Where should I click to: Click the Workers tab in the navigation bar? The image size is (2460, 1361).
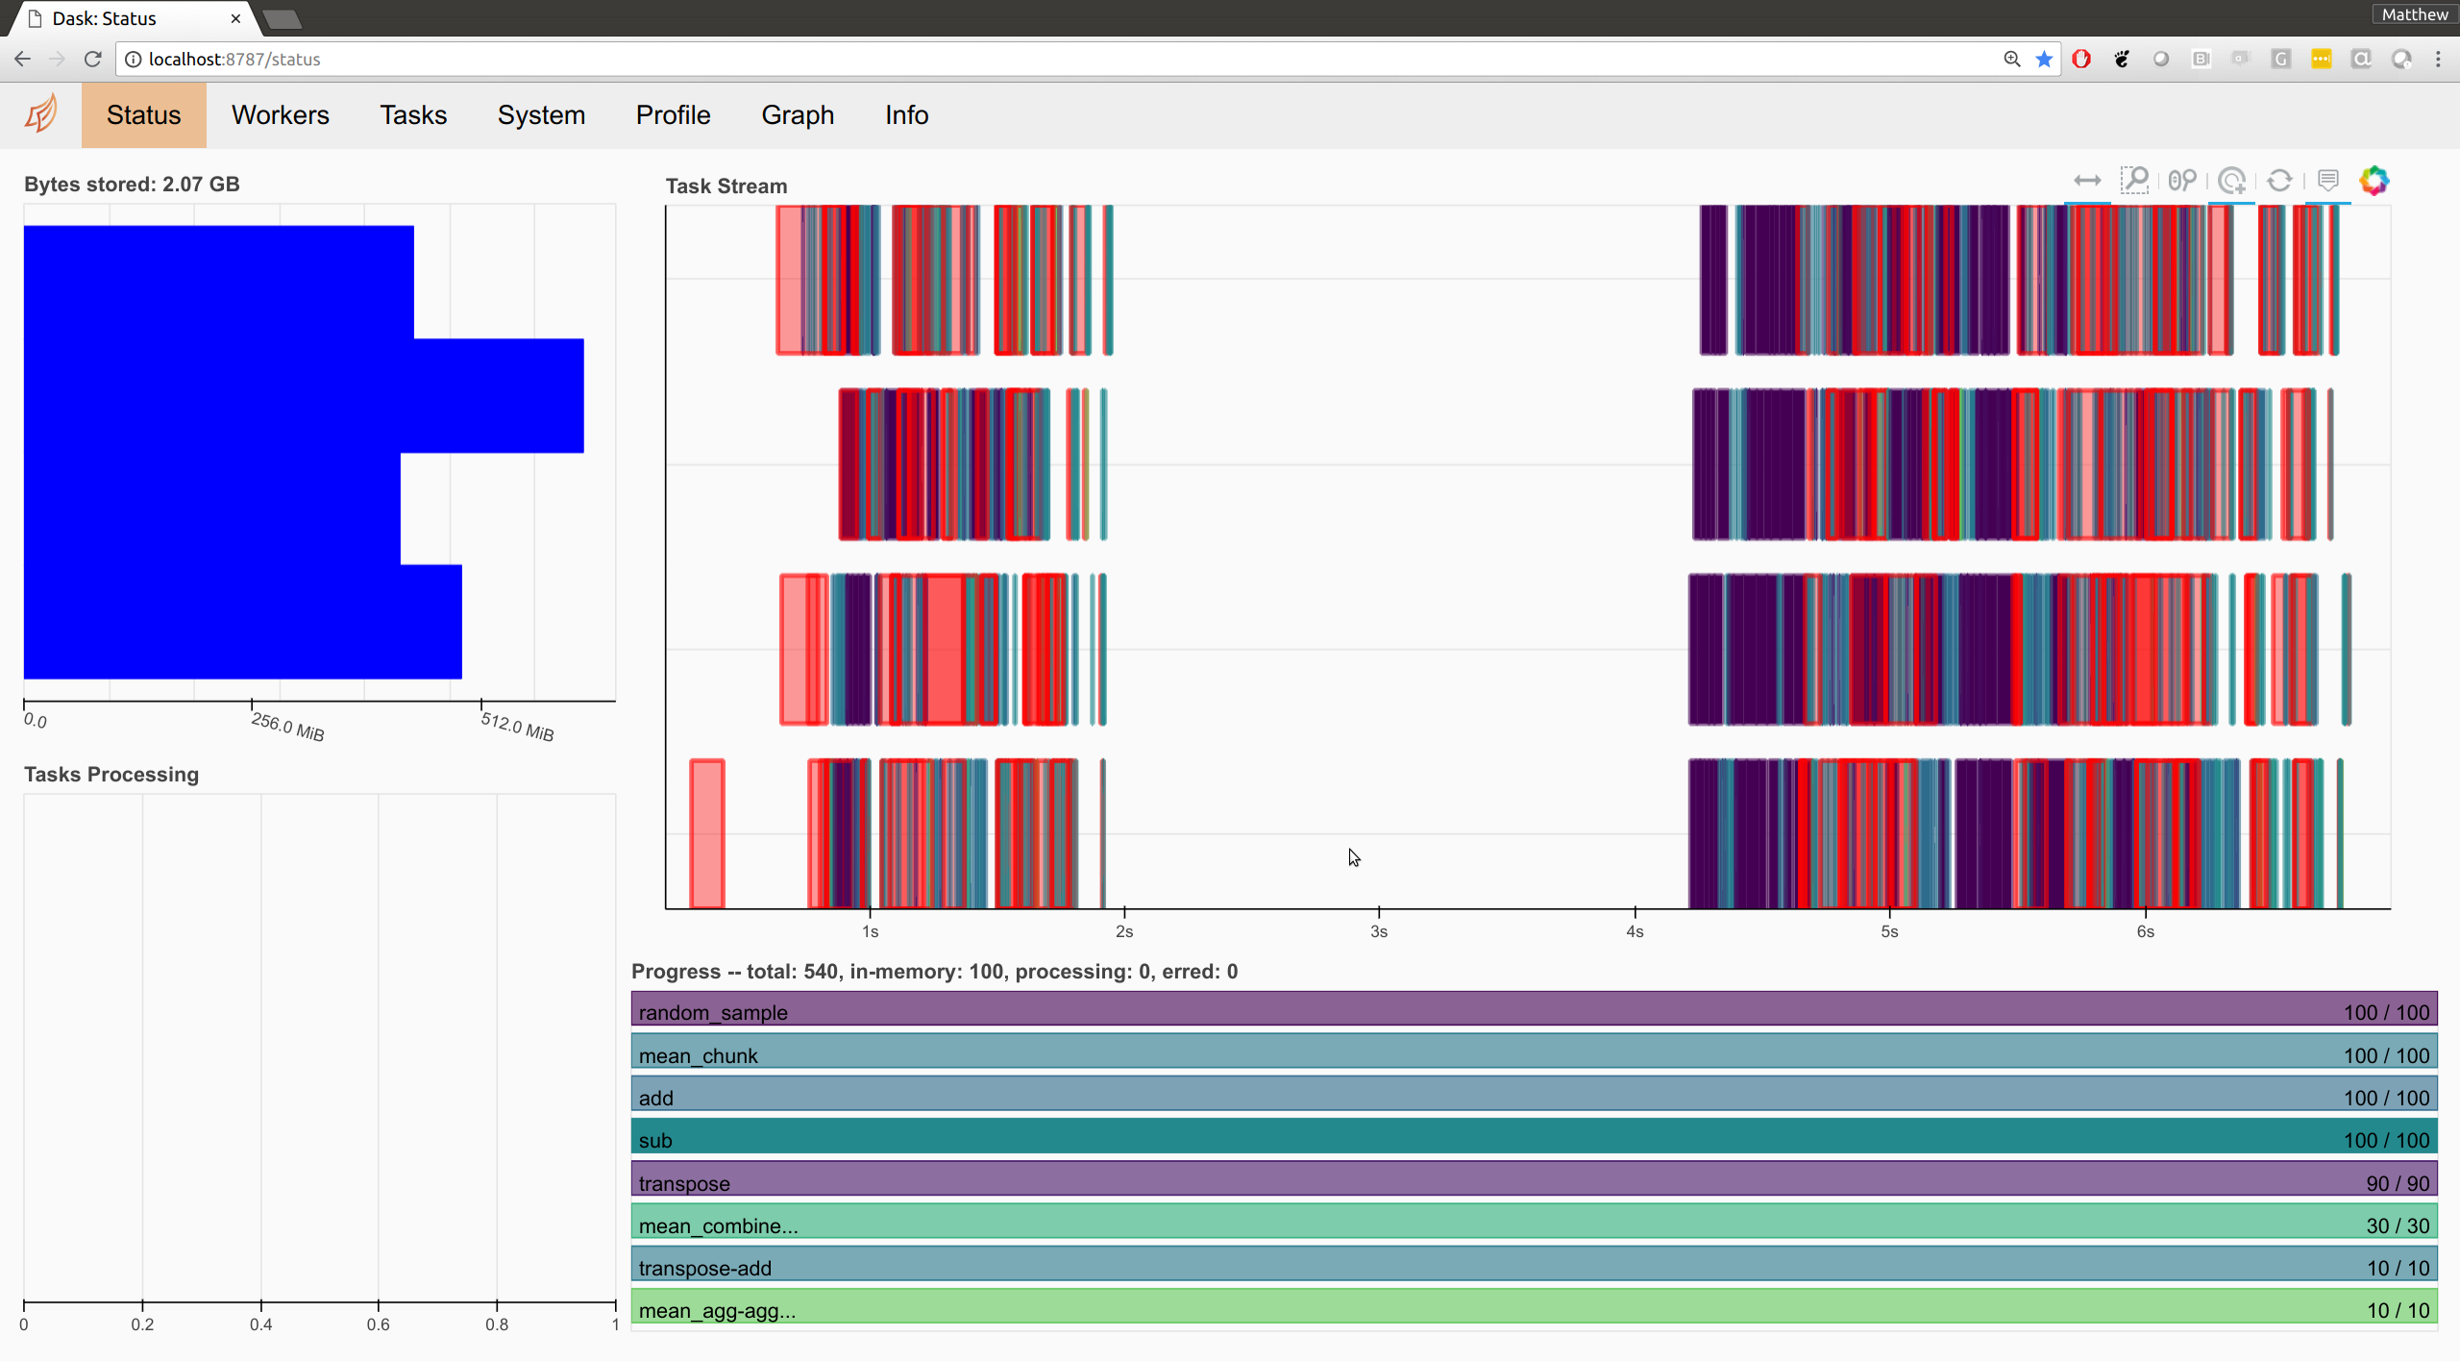(280, 115)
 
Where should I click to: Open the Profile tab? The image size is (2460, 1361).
(673, 115)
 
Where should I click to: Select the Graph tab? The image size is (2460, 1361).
(798, 115)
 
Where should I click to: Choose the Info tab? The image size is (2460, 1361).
(906, 115)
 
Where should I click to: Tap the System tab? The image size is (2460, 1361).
(541, 115)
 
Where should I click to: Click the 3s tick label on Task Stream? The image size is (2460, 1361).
(1379, 931)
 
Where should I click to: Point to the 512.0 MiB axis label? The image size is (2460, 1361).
(517, 728)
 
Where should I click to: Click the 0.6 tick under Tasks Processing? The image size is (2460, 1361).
(379, 1324)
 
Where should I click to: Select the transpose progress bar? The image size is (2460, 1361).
(1534, 1182)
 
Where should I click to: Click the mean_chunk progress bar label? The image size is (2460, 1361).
(699, 1055)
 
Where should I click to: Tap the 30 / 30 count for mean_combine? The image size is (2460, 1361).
(2398, 1225)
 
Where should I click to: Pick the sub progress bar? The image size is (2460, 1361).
(1534, 1140)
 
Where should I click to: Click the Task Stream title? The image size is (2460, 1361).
(726, 186)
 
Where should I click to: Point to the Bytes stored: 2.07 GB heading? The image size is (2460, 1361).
(132, 185)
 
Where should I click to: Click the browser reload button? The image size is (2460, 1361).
(92, 60)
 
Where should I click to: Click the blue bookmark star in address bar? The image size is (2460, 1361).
(2044, 60)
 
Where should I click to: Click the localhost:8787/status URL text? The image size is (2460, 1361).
(234, 60)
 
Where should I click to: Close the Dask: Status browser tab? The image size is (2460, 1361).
(235, 18)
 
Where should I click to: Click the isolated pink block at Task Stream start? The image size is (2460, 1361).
(707, 832)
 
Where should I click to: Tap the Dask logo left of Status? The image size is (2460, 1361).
(41, 114)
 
